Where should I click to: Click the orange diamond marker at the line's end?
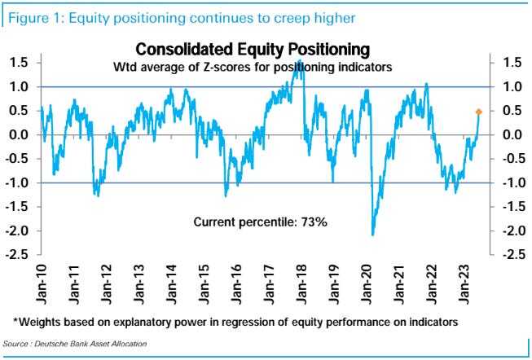pos(478,112)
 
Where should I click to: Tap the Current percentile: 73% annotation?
pos(260,222)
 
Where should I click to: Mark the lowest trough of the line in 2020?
pos(373,235)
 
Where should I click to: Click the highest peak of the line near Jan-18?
pos(301,63)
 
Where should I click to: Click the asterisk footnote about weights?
pos(236,323)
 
